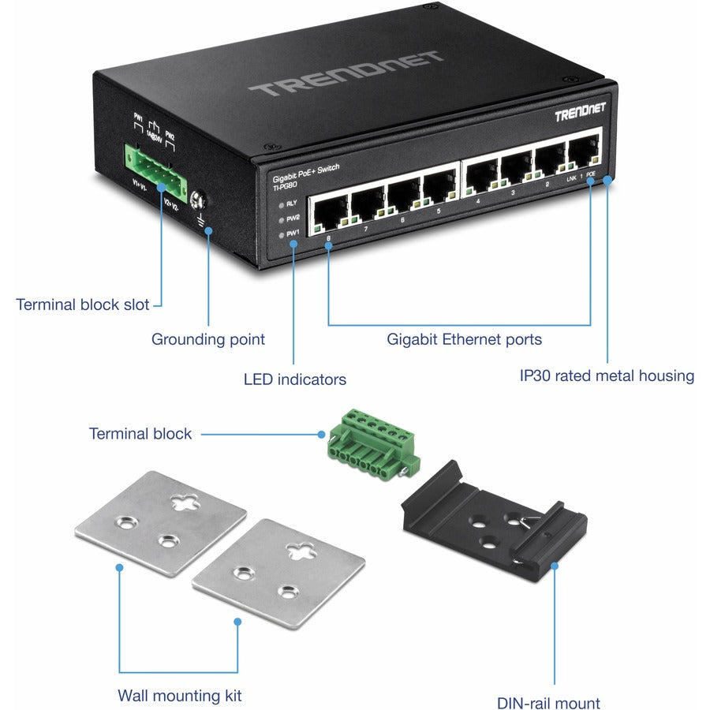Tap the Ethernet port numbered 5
438,190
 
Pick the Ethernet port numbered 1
584,152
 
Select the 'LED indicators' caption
294,379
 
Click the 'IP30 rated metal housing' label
606,376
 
